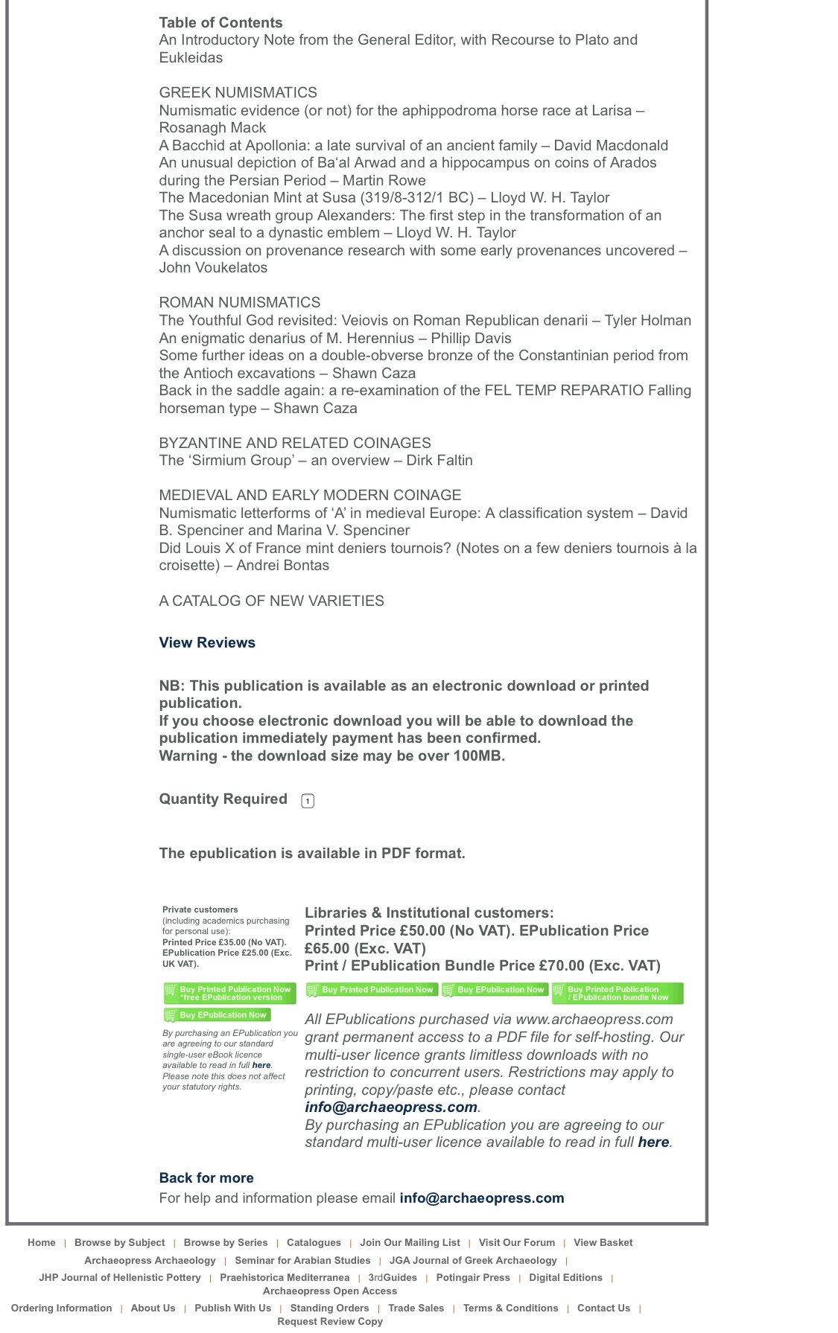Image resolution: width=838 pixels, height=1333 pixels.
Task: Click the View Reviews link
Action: [206, 642]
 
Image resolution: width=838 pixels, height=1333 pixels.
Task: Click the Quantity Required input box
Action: [308, 801]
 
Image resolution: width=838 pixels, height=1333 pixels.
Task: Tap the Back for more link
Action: [206, 1177]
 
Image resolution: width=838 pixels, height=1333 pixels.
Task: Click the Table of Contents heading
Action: [220, 22]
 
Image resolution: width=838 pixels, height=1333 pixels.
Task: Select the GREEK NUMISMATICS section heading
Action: [238, 92]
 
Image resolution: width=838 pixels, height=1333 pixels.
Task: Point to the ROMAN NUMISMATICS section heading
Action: [239, 302]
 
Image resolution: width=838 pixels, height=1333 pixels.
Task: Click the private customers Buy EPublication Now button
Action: [218, 1015]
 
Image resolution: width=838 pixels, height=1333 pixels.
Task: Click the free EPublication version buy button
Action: [229, 993]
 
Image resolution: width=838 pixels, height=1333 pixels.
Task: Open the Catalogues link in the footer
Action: [314, 1242]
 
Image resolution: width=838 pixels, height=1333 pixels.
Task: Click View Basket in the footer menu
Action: [603, 1242]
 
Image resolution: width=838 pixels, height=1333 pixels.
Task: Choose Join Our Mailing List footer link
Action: [410, 1242]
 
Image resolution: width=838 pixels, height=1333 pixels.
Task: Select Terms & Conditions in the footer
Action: [510, 1308]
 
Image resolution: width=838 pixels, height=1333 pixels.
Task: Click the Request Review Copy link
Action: [330, 1321]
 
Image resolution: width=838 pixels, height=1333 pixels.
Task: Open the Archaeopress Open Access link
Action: [330, 1291]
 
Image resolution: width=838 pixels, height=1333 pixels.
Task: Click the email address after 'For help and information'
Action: [481, 1198]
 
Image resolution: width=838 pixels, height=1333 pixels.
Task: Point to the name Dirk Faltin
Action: [439, 460]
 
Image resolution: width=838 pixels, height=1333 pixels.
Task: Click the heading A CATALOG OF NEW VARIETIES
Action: [271, 601]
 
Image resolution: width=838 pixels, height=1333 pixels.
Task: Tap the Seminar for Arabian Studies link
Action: [302, 1260]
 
